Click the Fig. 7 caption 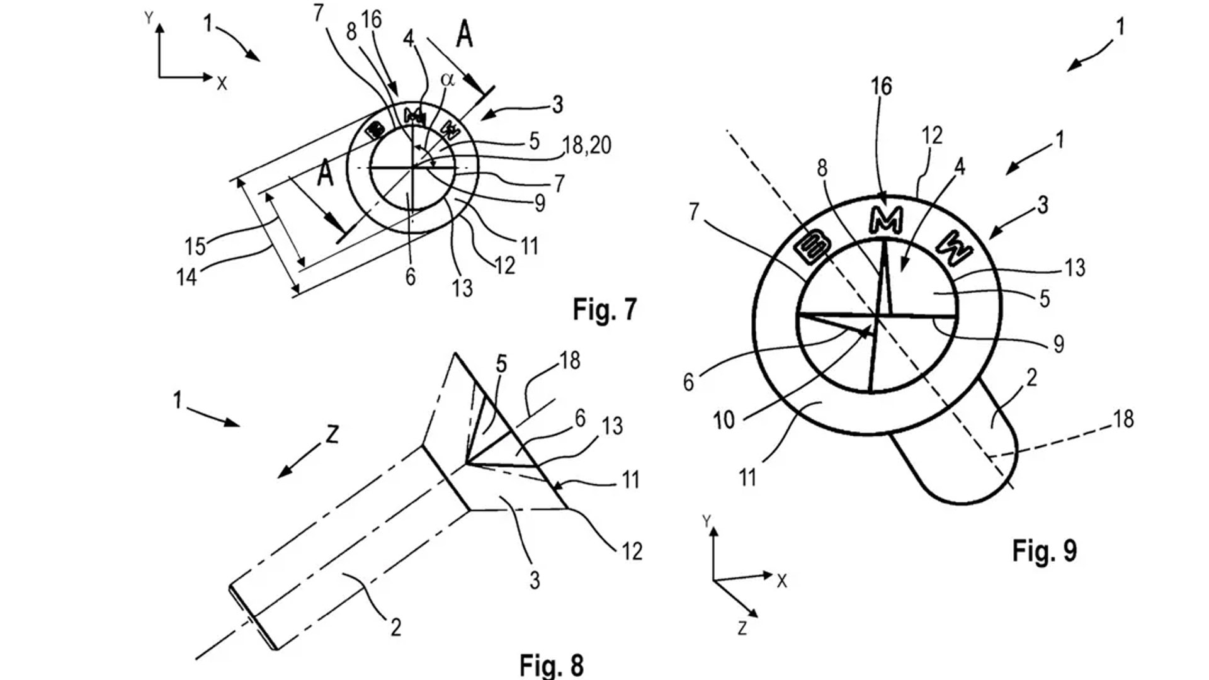[604, 309]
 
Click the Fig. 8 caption [551, 665]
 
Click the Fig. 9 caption [1044, 550]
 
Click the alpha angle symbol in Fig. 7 [447, 79]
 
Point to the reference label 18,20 [586, 145]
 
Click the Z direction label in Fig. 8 [331, 434]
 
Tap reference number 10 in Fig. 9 [724, 420]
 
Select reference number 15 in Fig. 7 [195, 246]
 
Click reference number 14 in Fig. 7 [186, 276]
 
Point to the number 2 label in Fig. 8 [395, 627]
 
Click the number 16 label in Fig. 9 [882, 86]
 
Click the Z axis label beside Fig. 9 [742, 628]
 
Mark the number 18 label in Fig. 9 [1123, 419]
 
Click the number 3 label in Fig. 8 [534, 579]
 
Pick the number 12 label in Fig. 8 [632, 551]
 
